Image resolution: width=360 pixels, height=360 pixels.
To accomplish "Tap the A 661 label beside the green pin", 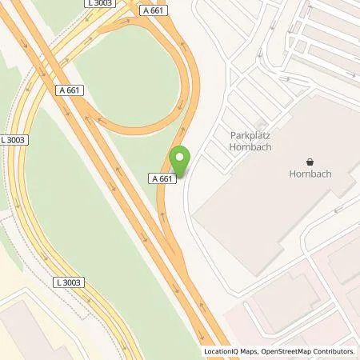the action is point(162,179).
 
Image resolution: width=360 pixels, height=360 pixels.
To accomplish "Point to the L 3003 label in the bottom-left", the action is point(70,283).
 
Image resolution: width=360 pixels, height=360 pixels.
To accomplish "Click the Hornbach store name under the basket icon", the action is point(310,173).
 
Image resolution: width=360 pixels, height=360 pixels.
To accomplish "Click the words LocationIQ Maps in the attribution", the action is point(230,351).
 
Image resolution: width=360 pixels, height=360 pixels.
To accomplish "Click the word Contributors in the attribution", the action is point(334,351).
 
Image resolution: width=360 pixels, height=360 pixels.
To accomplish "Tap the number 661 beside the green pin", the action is point(166,179).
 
